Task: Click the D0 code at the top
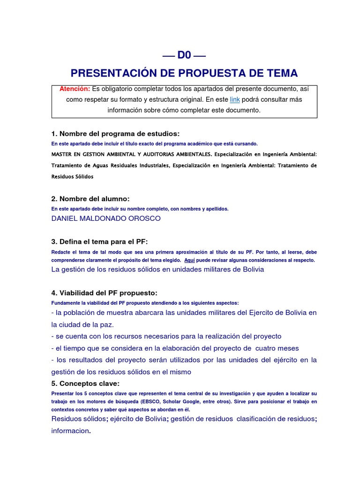click(x=184, y=55)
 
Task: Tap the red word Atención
click(x=75, y=89)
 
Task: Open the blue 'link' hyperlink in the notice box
click(x=235, y=99)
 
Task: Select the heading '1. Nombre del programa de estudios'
click(x=115, y=134)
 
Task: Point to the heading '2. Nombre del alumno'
click(x=90, y=199)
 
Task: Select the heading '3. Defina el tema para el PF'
click(x=99, y=241)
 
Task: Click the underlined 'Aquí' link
click(x=189, y=260)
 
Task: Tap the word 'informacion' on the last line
click(x=70, y=431)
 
